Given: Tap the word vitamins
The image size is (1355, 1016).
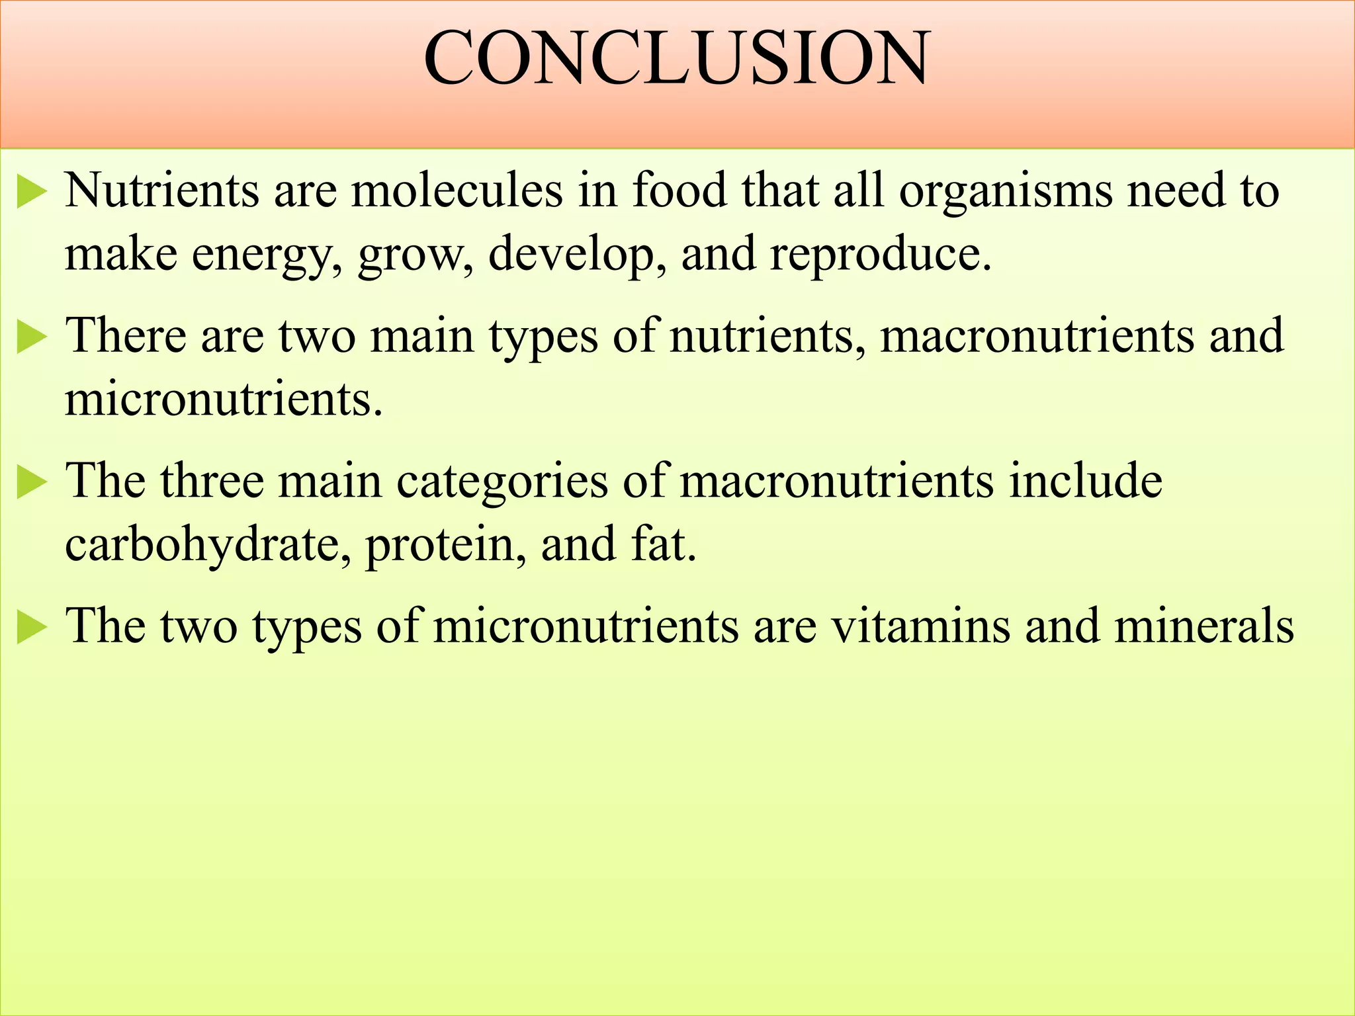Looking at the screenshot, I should [x=921, y=625].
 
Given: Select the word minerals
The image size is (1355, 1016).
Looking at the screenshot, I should [x=1203, y=625].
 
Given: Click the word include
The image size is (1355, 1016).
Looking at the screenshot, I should [x=1085, y=480].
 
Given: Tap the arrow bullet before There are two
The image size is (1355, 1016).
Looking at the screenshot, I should [x=31, y=337].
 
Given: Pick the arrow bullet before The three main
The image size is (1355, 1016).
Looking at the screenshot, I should [x=31, y=483].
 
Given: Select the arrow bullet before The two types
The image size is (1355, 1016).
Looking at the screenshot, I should [x=31, y=628].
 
